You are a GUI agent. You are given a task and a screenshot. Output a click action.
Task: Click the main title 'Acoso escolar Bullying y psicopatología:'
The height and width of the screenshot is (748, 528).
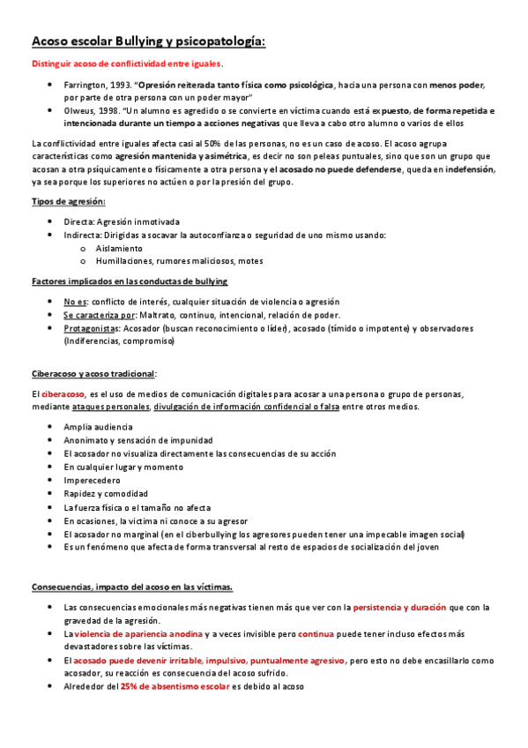point(148,41)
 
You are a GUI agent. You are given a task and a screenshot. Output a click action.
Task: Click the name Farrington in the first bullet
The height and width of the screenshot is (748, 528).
point(85,86)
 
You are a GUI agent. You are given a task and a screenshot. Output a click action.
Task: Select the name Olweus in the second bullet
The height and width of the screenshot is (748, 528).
point(78,111)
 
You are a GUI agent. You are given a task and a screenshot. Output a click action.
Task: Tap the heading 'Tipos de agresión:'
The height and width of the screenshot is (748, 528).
point(68,202)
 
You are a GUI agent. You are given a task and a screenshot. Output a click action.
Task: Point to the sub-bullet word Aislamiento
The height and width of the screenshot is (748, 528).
point(118,248)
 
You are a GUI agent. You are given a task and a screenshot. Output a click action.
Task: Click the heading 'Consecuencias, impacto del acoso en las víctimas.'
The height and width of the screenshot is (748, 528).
point(132,562)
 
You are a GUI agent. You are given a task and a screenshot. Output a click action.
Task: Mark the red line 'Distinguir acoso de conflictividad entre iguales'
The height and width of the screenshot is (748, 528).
point(126,64)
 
